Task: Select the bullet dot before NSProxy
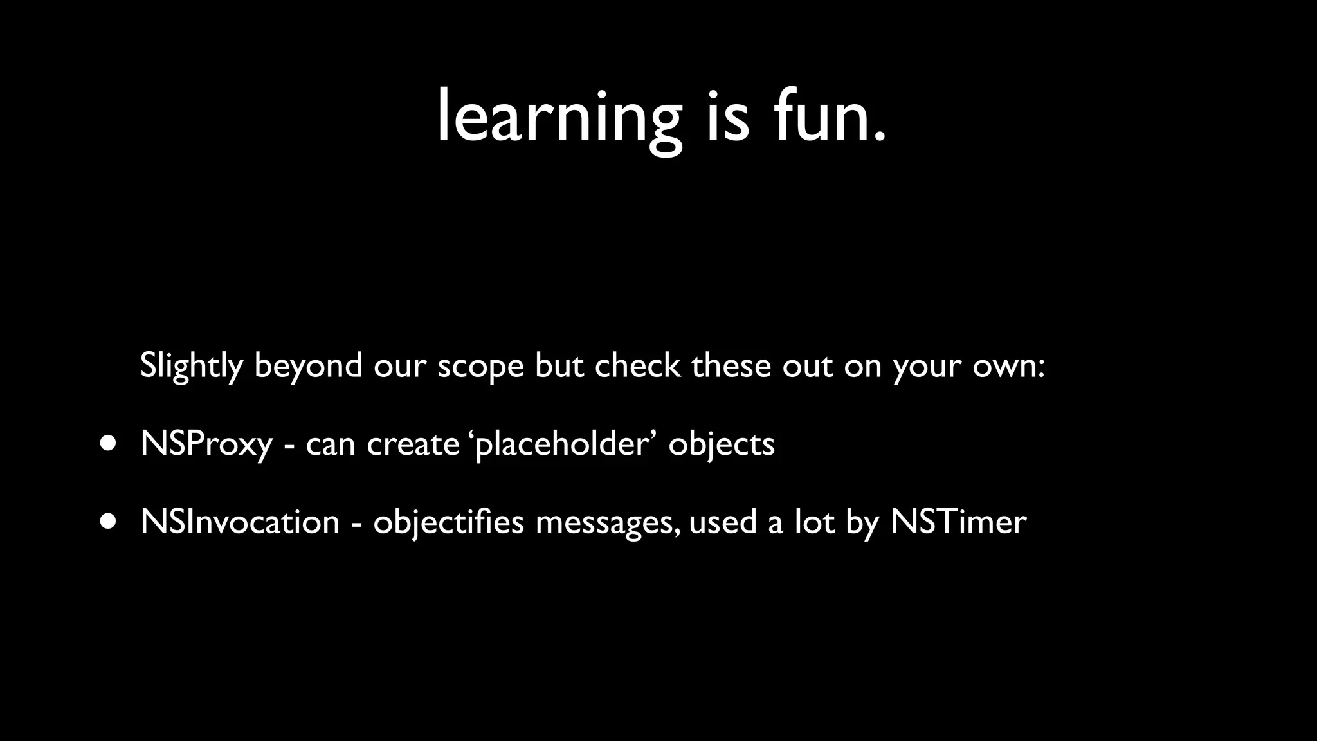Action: point(109,443)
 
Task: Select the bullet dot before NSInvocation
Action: point(109,521)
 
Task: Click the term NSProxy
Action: point(206,444)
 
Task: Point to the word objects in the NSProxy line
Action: point(722,444)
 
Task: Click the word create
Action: point(413,444)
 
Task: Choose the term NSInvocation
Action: point(240,521)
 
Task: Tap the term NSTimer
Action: point(958,521)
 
